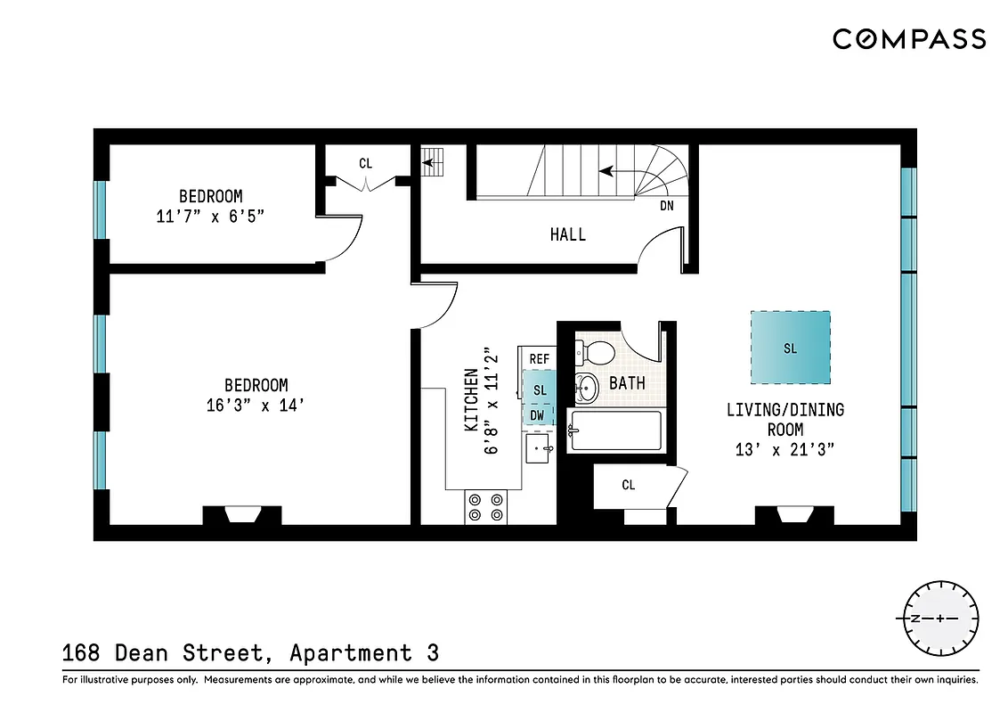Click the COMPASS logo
909,39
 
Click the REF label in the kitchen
540,358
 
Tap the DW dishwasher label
538,415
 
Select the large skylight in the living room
790,348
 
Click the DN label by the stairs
667,206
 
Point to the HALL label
567,234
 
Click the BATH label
627,383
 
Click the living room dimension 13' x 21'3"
784,450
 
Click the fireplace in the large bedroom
242,515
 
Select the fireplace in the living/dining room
794,515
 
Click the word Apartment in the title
351,653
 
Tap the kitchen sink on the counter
539,448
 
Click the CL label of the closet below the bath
629,485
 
